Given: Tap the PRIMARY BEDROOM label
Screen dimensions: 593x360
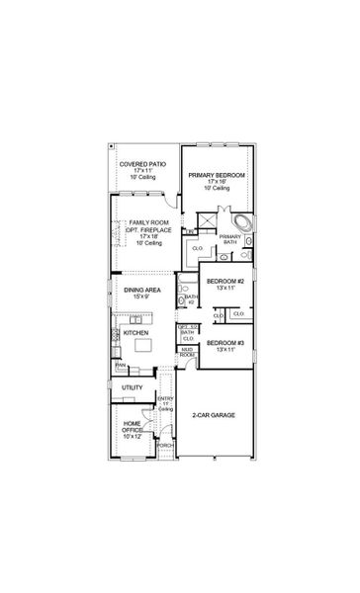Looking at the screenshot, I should click(218, 174).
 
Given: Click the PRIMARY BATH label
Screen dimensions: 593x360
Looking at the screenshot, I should click(229, 240).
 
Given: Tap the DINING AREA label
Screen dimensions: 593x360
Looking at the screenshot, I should click(135, 290).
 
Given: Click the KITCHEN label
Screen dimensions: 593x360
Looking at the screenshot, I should click(135, 333).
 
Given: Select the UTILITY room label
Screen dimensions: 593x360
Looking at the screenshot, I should click(133, 387).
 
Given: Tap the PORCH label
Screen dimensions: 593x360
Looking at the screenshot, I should click(165, 446).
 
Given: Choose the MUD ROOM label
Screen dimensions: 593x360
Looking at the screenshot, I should click(186, 351).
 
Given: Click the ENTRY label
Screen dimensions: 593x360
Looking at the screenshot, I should click(165, 400).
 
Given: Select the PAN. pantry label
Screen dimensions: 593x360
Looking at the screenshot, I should click(120, 365).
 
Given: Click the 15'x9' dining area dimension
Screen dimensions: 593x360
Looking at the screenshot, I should click(135, 296).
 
